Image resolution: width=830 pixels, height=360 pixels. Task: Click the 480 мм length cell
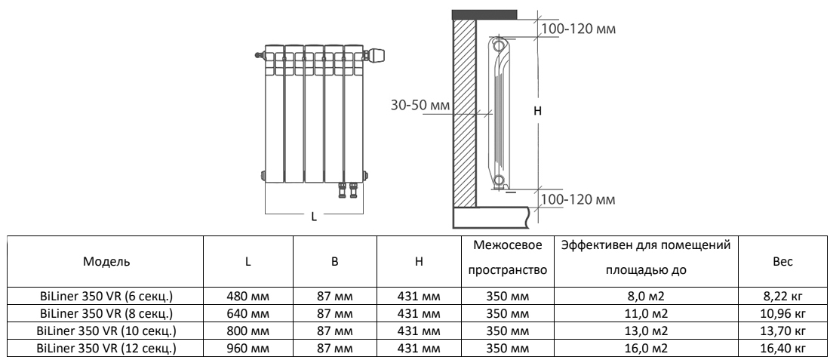point(247,297)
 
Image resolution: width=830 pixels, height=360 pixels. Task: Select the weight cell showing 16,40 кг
point(783,349)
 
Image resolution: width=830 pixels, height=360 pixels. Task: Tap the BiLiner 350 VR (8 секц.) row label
point(106,314)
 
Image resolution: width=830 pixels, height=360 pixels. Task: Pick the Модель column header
point(106,262)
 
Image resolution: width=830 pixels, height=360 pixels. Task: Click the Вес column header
point(783,262)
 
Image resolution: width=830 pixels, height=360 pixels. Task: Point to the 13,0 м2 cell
point(646,331)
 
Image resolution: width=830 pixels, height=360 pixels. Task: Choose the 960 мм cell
point(247,349)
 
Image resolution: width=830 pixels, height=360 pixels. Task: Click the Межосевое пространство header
point(508,258)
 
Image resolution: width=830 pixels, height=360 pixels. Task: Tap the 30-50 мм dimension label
point(420,106)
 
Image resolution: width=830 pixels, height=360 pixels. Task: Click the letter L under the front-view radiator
point(314,217)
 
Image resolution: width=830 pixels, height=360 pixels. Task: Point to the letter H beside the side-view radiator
point(538,111)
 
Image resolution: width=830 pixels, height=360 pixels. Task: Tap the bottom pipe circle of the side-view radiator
point(498,180)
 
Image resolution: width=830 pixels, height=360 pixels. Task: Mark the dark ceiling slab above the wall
point(484,14)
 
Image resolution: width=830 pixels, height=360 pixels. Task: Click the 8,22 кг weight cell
point(783,297)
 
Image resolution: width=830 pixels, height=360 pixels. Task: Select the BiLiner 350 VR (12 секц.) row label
point(106,349)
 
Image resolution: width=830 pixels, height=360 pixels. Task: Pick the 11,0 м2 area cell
point(646,314)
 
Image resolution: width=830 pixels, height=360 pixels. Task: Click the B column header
point(334,262)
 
